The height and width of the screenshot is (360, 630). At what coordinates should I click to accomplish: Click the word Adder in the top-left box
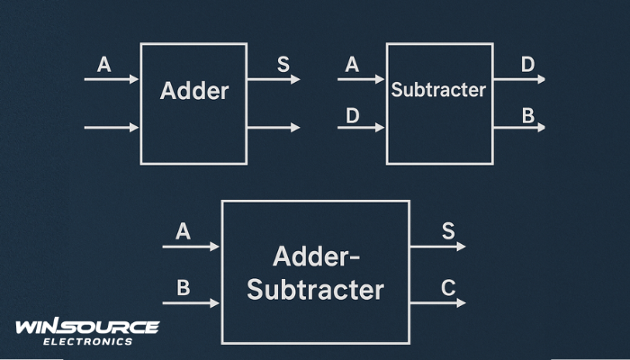pyautogui.click(x=193, y=91)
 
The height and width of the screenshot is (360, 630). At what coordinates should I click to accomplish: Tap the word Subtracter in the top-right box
pyautogui.click(x=438, y=90)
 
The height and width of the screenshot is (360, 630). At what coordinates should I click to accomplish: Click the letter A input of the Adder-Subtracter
pyautogui.click(x=184, y=231)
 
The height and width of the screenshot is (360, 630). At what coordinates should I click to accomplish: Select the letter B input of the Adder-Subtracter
pyautogui.click(x=184, y=289)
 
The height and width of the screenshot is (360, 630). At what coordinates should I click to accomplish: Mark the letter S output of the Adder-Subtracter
pyautogui.click(x=448, y=231)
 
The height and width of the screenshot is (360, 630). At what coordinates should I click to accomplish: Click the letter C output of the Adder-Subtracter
pyautogui.click(x=448, y=289)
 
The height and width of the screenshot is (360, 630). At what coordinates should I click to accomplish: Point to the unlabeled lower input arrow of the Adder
pyautogui.click(x=112, y=128)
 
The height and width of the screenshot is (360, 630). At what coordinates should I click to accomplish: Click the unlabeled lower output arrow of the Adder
pyautogui.click(x=273, y=128)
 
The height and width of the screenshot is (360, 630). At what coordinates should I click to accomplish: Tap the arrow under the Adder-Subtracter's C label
pyautogui.click(x=437, y=303)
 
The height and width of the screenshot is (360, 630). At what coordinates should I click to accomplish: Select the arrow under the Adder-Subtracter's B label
pyautogui.click(x=191, y=303)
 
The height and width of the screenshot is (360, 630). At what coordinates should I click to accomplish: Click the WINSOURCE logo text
pyautogui.click(x=87, y=327)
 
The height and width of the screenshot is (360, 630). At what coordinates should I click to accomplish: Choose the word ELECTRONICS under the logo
pyautogui.click(x=87, y=342)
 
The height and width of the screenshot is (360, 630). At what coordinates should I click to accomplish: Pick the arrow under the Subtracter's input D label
pyautogui.click(x=361, y=128)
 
